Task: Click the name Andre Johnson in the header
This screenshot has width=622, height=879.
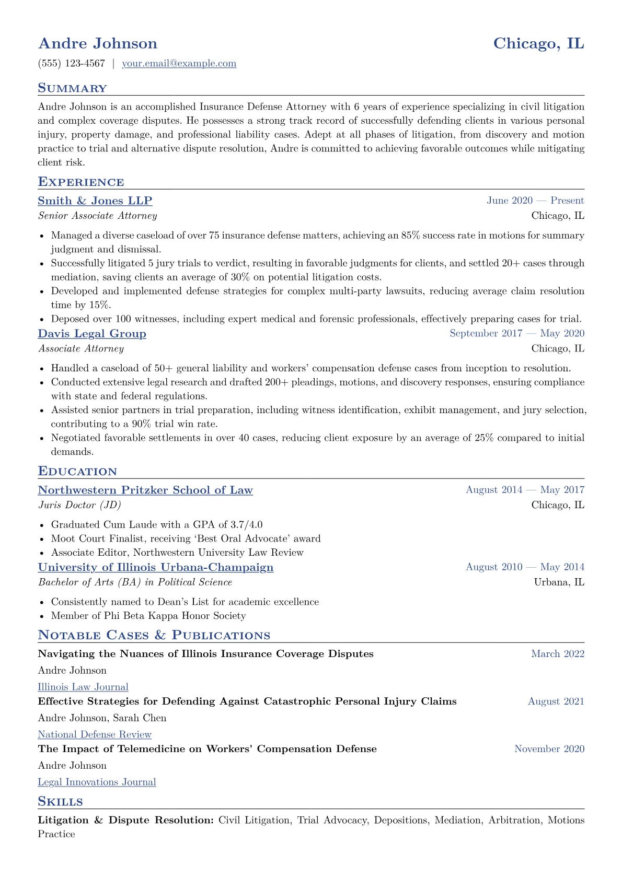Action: [x=97, y=43]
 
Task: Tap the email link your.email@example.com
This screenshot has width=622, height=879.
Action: [x=179, y=64]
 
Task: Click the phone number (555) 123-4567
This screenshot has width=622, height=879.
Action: [x=71, y=64]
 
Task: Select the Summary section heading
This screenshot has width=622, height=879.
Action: [x=72, y=88]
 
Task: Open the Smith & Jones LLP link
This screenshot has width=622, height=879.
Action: [x=95, y=201]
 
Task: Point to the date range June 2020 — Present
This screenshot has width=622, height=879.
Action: [x=535, y=201]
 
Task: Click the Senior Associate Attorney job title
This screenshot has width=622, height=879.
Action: [x=97, y=216]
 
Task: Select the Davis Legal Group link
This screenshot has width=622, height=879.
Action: [x=92, y=334]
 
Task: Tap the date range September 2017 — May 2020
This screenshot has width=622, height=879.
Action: [x=516, y=333]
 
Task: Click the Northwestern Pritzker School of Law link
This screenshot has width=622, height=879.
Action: [x=145, y=490]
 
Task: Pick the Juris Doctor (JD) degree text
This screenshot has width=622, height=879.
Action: [x=79, y=505]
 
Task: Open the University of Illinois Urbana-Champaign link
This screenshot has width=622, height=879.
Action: [x=155, y=567]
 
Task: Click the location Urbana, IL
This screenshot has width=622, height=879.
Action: [x=559, y=582]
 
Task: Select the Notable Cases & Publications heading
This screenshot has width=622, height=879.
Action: [x=154, y=636]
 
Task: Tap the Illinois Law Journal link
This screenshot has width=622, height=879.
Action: [x=83, y=687]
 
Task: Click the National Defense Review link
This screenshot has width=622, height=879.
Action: [x=94, y=735]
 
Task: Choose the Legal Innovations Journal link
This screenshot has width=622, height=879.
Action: [x=97, y=782]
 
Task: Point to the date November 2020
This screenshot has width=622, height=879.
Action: [x=549, y=749]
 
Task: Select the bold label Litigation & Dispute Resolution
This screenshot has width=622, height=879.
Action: [x=125, y=821]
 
